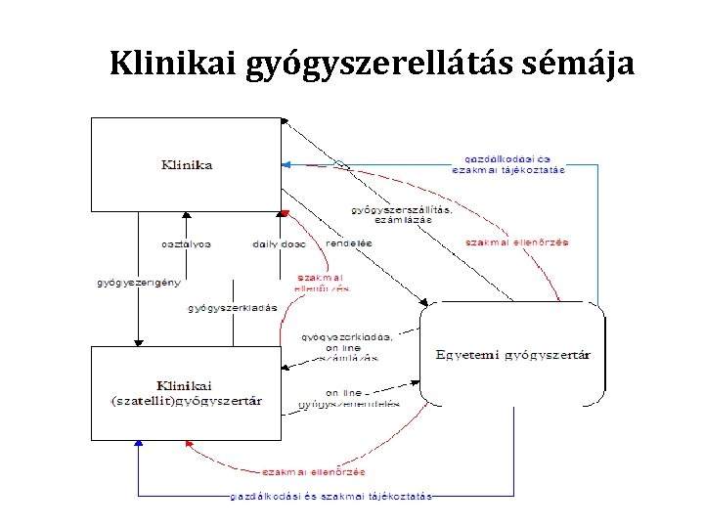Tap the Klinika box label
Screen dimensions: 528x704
187,165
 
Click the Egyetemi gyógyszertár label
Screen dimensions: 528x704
512,354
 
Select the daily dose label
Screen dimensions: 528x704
280,243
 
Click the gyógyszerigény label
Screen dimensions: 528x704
139,284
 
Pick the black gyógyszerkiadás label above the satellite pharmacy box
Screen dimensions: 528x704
233,308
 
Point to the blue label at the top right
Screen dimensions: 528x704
507,162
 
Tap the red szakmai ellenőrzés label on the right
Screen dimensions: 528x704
517,242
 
